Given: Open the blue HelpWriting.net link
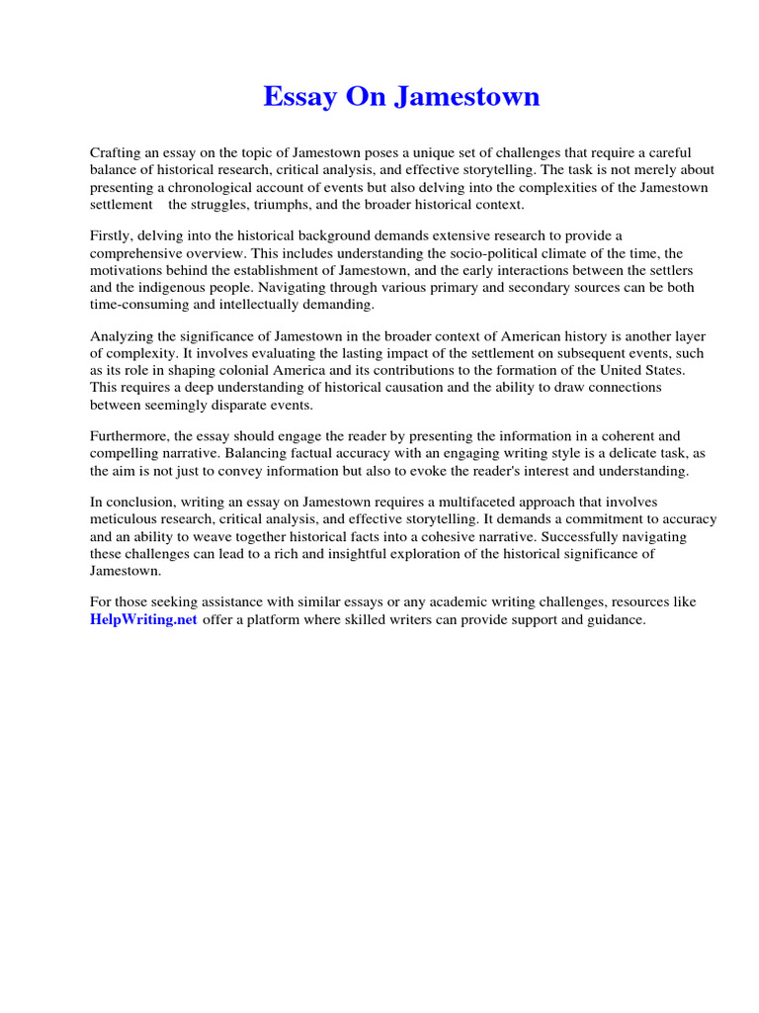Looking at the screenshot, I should tap(144, 620).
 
